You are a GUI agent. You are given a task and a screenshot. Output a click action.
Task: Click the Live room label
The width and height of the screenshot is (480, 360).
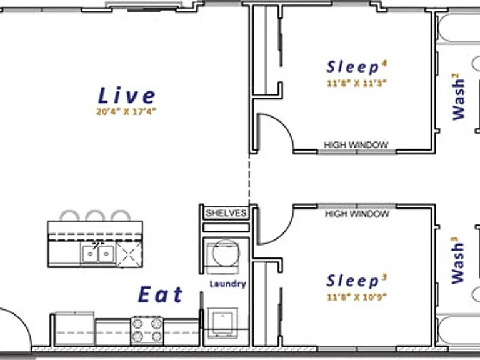tap(127, 95)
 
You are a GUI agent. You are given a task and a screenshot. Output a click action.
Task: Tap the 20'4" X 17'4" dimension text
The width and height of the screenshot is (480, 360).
tap(126, 111)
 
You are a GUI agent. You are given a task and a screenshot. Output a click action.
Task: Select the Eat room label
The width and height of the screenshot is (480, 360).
tap(161, 294)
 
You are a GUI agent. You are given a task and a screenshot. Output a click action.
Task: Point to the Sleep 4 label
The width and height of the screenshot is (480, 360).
tap(357, 67)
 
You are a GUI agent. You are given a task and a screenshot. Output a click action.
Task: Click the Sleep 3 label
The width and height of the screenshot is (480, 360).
tap(357, 281)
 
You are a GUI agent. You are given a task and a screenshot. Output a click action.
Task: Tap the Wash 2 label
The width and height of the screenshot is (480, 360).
tap(459, 99)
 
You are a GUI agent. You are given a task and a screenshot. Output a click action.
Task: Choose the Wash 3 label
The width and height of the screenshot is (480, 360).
tap(458, 263)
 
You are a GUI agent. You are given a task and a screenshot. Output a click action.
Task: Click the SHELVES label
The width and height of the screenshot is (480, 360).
tap(226, 213)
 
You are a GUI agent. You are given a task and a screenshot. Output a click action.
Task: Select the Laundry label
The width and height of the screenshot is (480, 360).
tap(228, 284)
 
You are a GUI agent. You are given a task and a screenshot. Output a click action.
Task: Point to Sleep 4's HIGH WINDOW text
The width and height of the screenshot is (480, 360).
tap(356, 145)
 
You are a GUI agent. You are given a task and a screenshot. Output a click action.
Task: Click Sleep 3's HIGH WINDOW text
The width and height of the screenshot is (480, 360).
tap(357, 214)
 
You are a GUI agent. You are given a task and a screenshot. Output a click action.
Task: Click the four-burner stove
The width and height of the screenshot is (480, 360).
tap(147, 330)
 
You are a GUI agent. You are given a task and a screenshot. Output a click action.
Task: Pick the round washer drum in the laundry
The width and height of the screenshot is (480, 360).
tap(226, 253)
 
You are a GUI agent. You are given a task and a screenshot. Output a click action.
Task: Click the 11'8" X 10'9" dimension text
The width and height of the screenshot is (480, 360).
tap(357, 297)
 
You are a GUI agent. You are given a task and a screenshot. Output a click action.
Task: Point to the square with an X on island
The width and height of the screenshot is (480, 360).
tap(129, 254)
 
